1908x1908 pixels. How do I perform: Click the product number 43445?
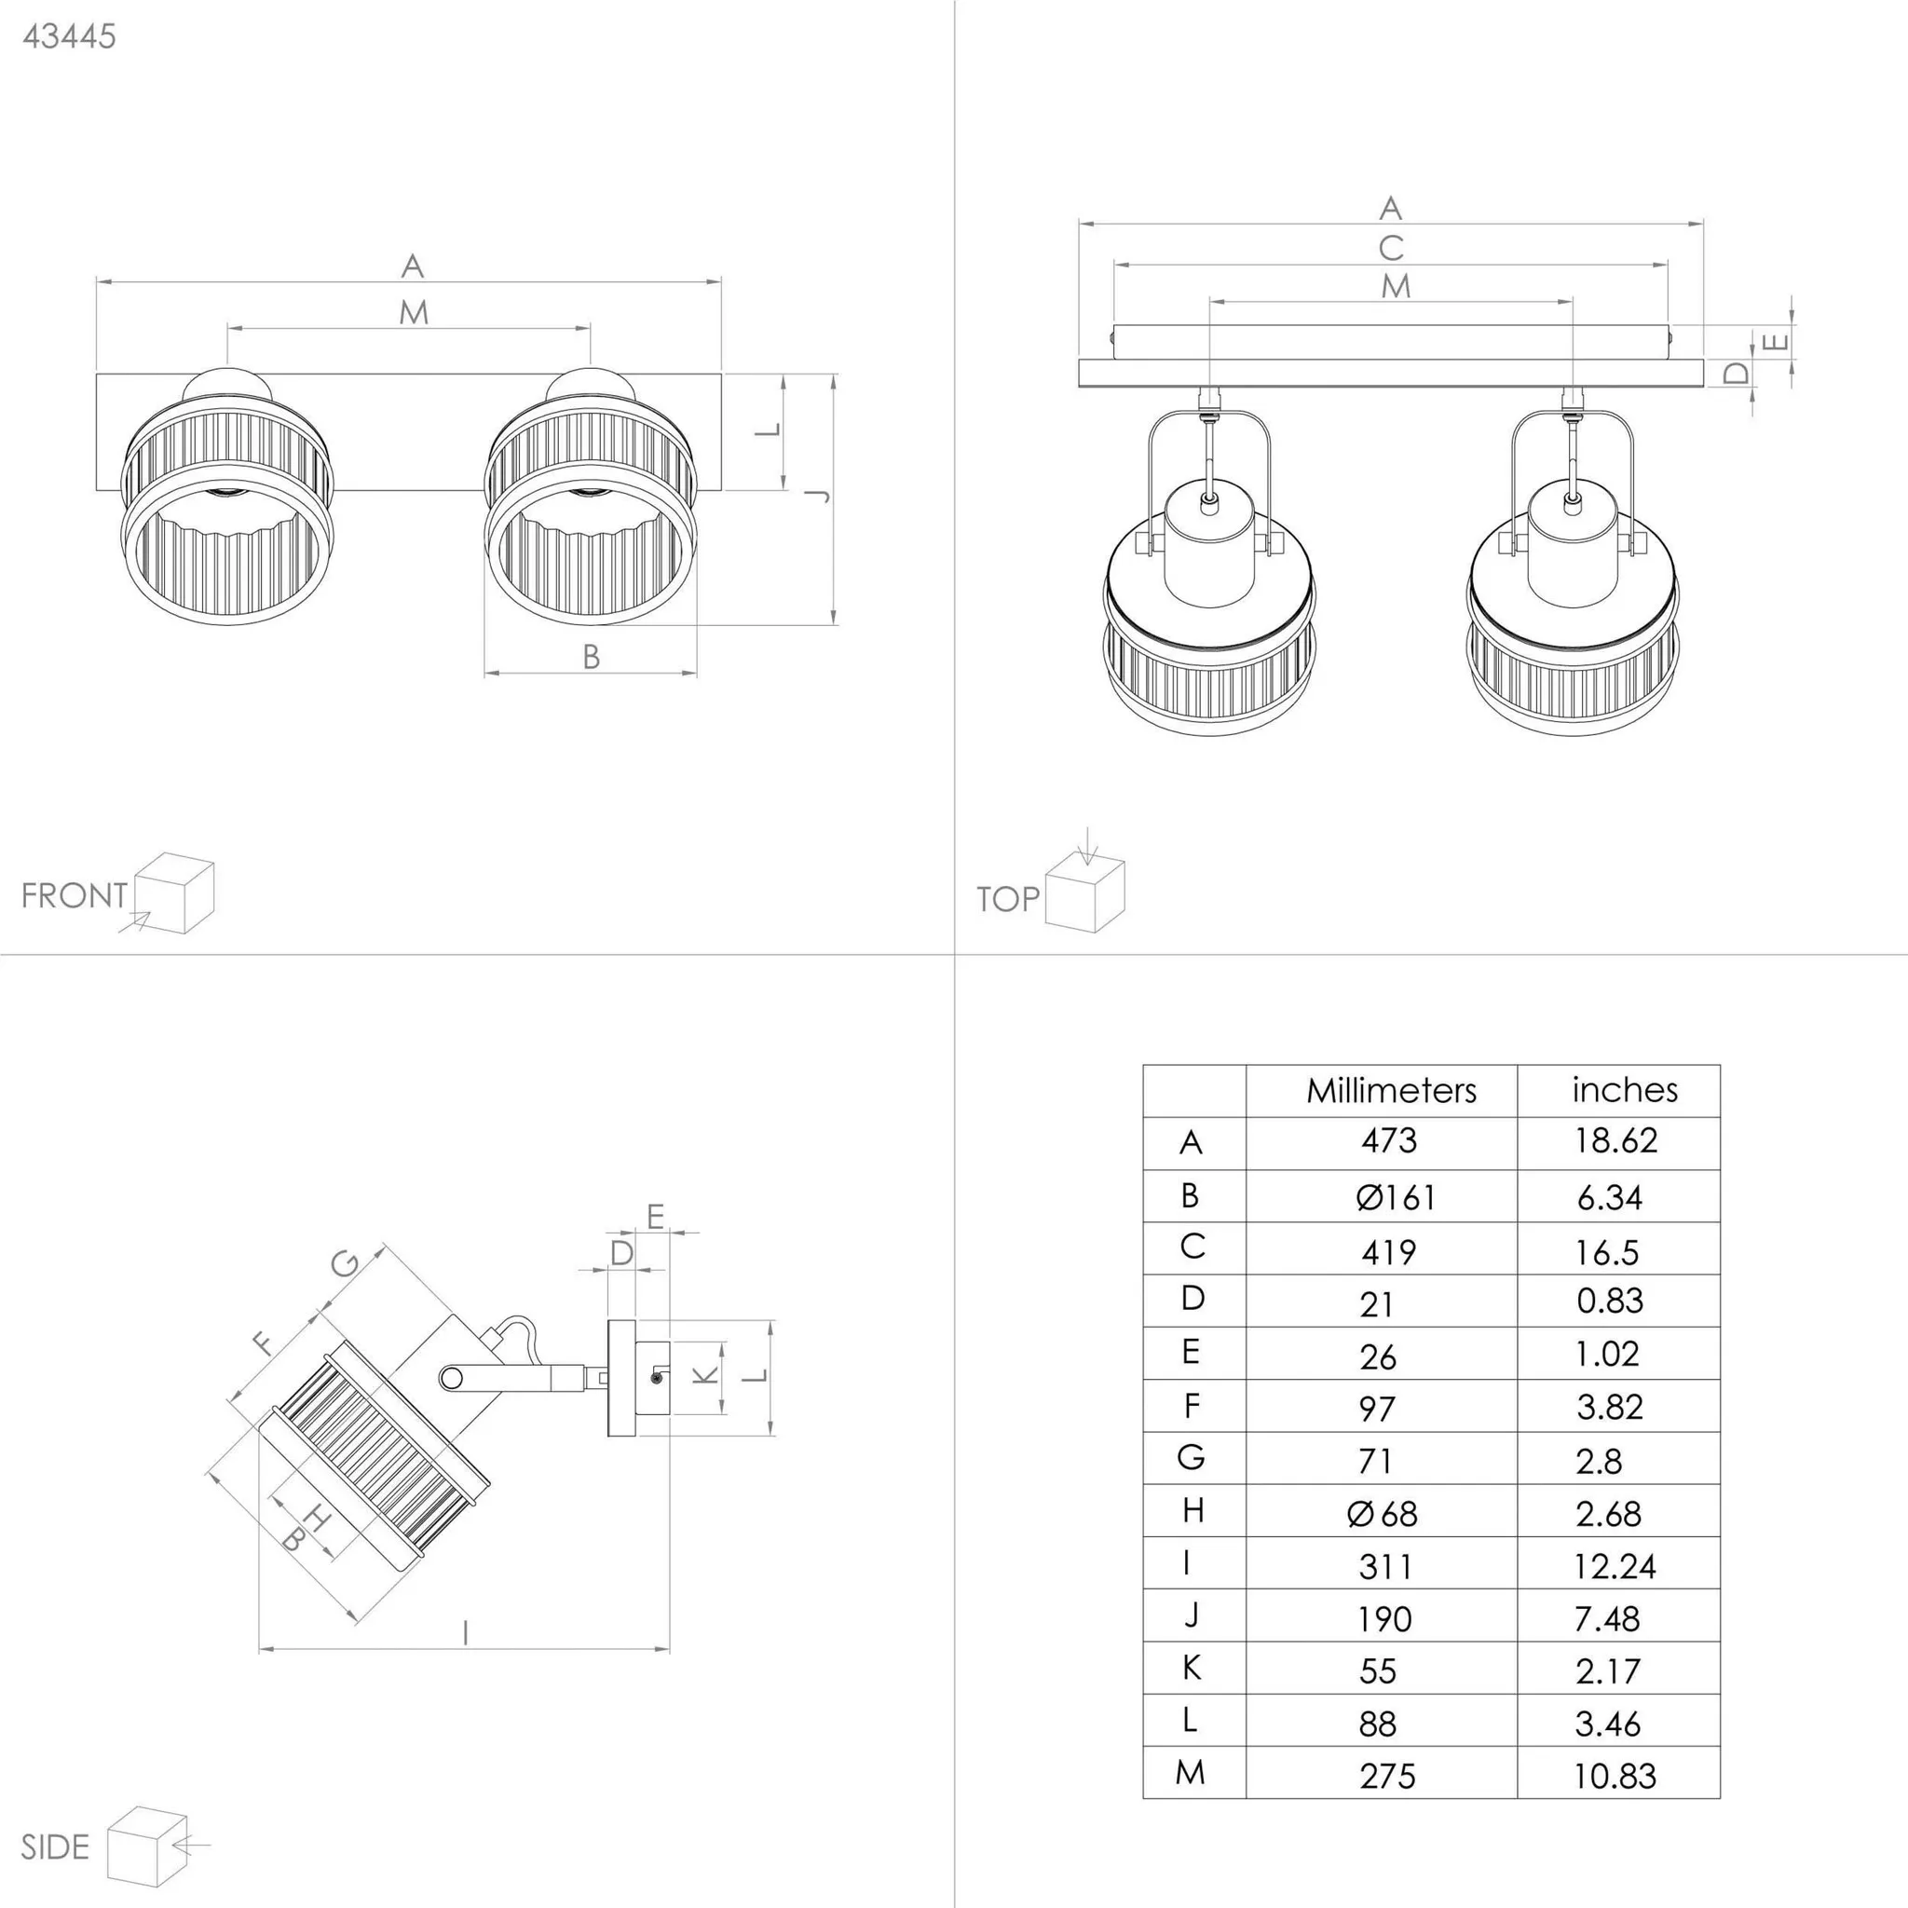tap(69, 36)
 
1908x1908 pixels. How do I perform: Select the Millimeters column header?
tap(1391, 1090)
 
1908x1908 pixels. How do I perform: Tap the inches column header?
tap(1625, 1089)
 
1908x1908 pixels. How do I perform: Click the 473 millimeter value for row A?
tap(1388, 1140)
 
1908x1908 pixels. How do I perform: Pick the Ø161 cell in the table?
tap(1395, 1198)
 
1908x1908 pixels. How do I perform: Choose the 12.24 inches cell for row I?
tap(1615, 1566)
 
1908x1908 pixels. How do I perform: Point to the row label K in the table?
tap(1191, 1668)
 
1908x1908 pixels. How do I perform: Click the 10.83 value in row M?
tap(1614, 1776)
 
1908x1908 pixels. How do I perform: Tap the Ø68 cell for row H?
tap(1382, 1514)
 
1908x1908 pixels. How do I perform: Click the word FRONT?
tap(75, 895)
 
